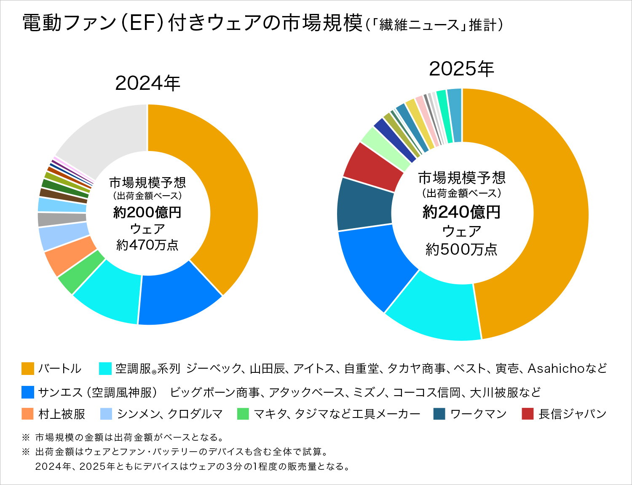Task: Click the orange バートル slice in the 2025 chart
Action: click(x=548, y=211)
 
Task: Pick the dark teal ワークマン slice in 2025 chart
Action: click(x=364, y=205)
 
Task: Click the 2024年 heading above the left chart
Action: click(x=147, y=84)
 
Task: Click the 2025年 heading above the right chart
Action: click(x=461, y=69)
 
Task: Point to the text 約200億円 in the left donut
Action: click(x=147, y=212)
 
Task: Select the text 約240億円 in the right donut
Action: click(x=461, y=212)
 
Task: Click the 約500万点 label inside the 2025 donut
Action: click(x=461, y=250)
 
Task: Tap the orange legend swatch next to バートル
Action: click(x=27, y=369)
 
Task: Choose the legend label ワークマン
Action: click(x=478, y=414)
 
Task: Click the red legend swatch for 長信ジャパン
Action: click(x=528, y=414)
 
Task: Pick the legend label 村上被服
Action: click(x=62, y=414)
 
